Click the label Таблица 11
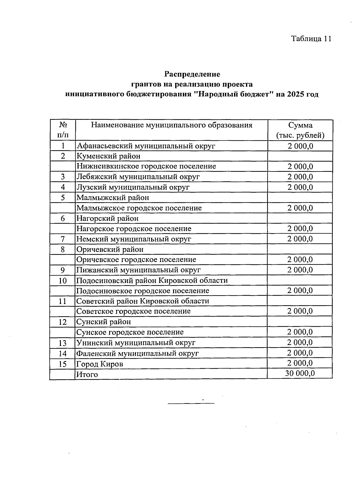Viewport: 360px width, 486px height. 311,39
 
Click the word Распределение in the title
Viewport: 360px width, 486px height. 192,74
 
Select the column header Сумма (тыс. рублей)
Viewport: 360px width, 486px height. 300,130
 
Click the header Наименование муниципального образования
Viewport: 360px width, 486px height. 172,125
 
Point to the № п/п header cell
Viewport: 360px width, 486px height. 63,130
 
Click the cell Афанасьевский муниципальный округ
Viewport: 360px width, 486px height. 146,146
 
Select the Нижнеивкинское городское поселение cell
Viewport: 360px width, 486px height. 146,166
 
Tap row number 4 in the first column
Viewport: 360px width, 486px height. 63,187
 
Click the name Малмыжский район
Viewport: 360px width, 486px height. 113,198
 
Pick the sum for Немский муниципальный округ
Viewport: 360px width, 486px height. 300,239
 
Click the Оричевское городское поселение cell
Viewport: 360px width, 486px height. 136,259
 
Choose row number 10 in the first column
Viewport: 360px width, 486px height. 63,281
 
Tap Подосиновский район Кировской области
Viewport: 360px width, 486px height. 152,280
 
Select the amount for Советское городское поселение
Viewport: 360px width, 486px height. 300,311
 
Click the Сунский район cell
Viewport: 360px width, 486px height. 104,322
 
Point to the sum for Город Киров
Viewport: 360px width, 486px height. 300,363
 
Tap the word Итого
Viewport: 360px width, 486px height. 87,374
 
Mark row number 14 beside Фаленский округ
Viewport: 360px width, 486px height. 63,353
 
